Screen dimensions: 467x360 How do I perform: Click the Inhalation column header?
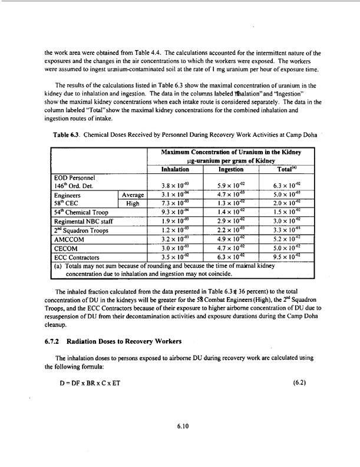(174, 169)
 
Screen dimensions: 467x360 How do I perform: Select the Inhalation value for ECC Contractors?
(174, 258)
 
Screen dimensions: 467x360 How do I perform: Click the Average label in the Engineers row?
(133, 195)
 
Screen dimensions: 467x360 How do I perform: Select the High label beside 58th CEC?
(133, 203)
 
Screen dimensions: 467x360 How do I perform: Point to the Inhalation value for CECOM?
(174, 249)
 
